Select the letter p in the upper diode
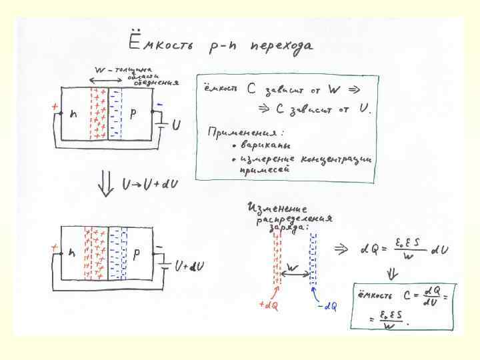(x=134, y=114)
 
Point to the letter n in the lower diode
(x=71, y=254)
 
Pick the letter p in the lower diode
(x=137, y=254)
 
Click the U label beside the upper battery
(x=176, y=125)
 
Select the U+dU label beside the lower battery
(x=189, y=266)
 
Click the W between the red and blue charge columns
(x=293, y=267)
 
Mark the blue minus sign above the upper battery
(x=160, y=105)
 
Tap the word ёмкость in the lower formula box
(x=373, y=294)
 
